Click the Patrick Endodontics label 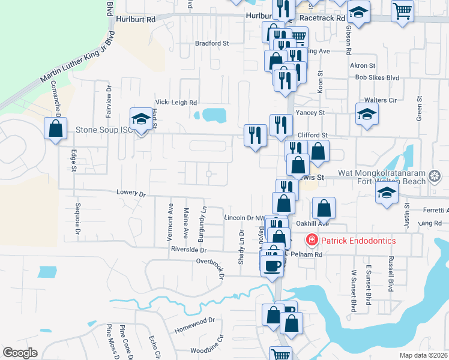(x=358, y=241)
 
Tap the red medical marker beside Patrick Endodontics (x=312, y=241)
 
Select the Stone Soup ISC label (x=102, y=129)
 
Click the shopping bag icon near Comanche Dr (x=55, y=128)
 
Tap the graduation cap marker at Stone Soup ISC (x=141, y=119)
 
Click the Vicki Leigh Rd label (x=176, y=103)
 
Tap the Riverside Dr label (x=188, y=249)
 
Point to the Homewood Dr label (x=194, y=325)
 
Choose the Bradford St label (x=212, y=43)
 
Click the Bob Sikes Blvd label (x=377, y=78)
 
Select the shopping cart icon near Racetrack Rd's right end (x=402, y=10)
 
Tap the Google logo (x=20, y=353)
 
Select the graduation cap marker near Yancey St (x=367, y=113)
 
